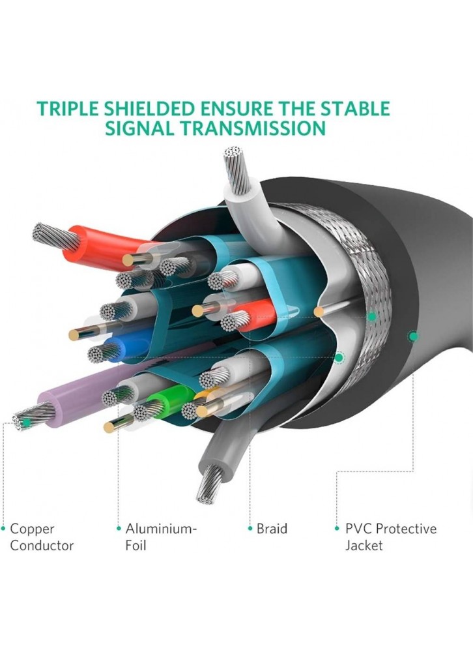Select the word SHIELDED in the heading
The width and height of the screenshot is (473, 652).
tap(149, 108)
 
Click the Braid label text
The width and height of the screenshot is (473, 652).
tap(272, 529)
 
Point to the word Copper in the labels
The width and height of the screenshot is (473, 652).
tap(32, 529)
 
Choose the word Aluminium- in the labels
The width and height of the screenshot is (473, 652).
tap(161, 529)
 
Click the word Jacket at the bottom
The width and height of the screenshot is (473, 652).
tap(364, 545)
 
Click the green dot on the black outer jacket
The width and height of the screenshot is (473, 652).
tap(412, 336)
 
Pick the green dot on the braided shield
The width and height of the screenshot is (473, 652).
tap(371, 317)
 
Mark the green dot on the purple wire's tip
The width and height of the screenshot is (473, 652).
tap(26, 422)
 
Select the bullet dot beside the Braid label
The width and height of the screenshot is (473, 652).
tap(250, 529)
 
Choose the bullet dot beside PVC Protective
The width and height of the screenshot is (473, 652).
tap(337, 529)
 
